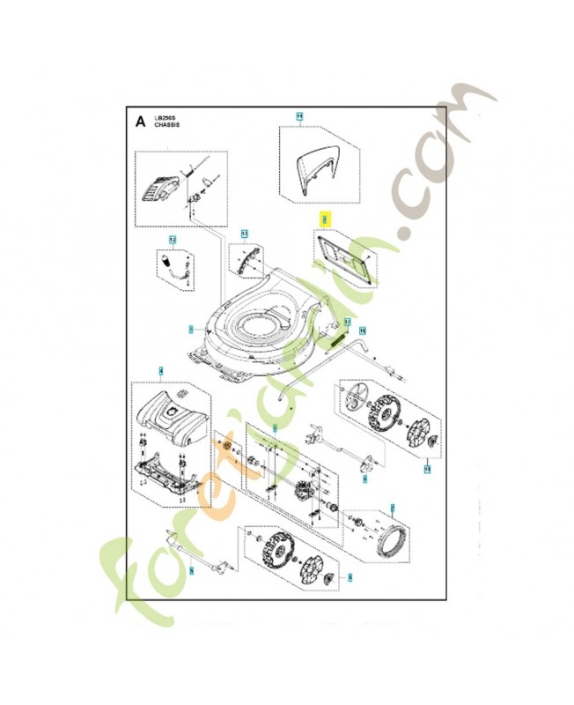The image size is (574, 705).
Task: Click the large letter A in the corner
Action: [140, 122]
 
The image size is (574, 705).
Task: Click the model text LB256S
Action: [166, 117]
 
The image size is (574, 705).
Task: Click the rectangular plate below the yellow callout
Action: [344, 257]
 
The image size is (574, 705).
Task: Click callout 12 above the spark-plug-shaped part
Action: [173, 240]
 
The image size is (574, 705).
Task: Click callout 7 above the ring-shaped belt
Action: [393, 508]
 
